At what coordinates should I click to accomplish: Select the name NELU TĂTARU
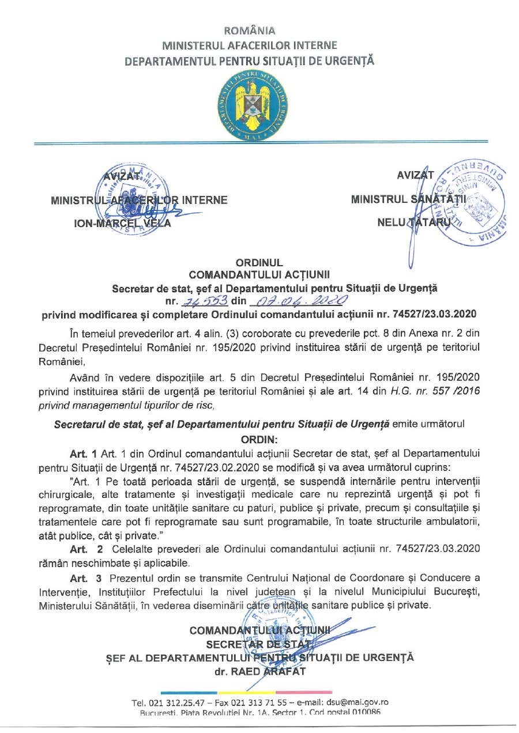pyautogui.click(x=413, y=221)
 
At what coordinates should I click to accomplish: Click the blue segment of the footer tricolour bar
pyautogui.click(x=189, y=692)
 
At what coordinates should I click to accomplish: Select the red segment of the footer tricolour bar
pyautogui.click(x=304, y=692)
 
